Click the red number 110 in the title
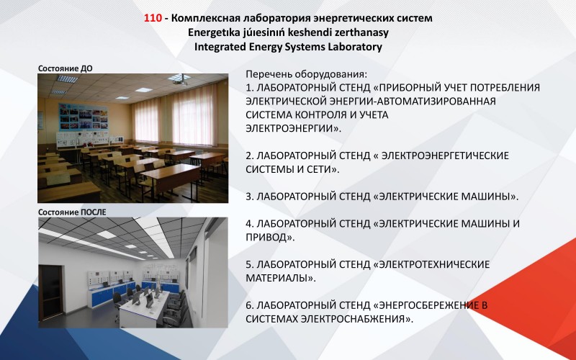click(153, 18)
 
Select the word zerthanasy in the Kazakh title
click(362, 32)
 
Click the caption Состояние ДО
click(65, 68)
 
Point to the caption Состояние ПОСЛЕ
click(72, 212)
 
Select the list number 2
click(249, 156)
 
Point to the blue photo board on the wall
click(83, 117)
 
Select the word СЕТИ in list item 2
click(320, 169)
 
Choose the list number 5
click(249, 264)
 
